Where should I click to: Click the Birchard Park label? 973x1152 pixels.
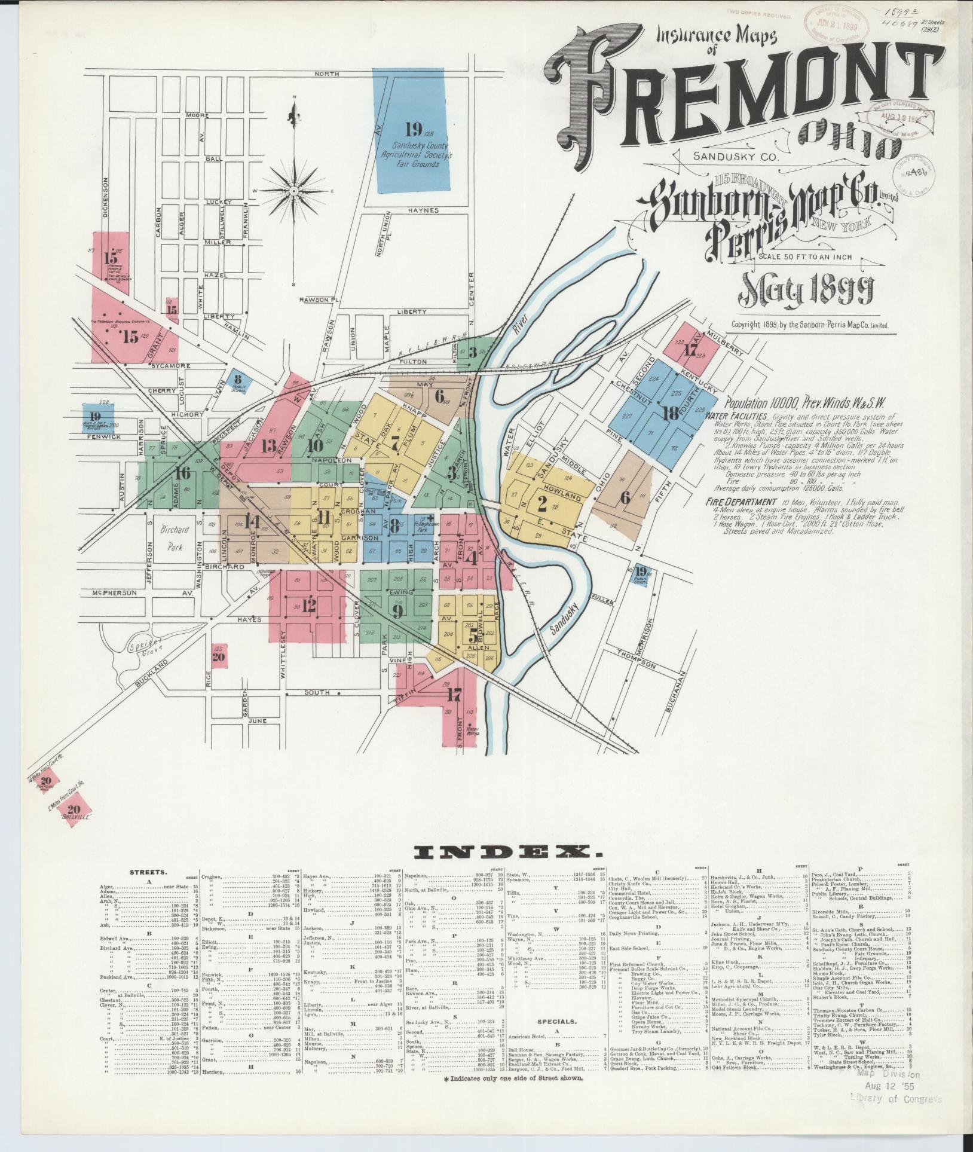click(175, 537)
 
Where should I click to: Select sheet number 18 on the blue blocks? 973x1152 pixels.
click(670, 412)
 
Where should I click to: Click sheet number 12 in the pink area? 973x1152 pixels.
click(308, 606)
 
